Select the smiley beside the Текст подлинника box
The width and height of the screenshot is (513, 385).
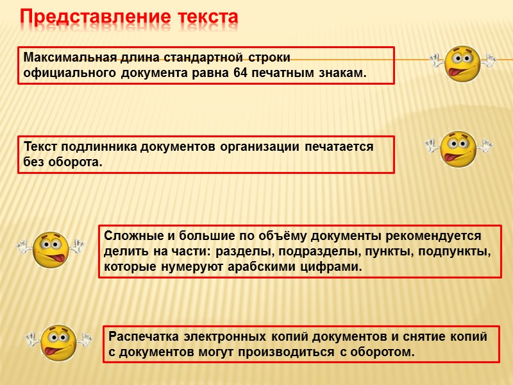pos(458,149)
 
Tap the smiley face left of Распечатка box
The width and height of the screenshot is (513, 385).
pos(58,343)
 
